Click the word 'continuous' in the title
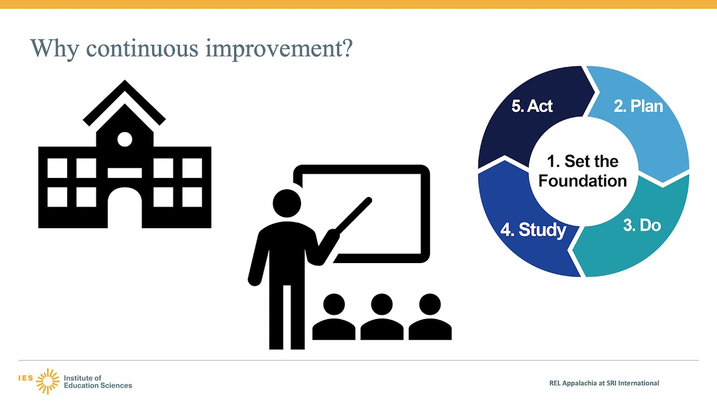[x=142, y=49]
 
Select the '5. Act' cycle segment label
[x=532, y=106]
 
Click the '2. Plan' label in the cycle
[x=638, y=106]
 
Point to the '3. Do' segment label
[x=642, y=225]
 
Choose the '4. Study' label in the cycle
[x=533, y=230]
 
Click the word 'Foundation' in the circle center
[x=583, y=181]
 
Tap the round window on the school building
[x=125, y=139]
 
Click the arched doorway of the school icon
[x=125, y=208]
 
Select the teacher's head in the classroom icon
[x=287, y=203]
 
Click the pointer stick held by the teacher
[x=353, y=215]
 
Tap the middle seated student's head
[x=382, y=304]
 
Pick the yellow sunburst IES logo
[x=48, y=381]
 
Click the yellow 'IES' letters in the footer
[x=26, y=378]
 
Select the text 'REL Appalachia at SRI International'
[x=604, y=383]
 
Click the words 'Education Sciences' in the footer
[x=98, y=386]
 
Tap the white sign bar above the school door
[x=125, y=173]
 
